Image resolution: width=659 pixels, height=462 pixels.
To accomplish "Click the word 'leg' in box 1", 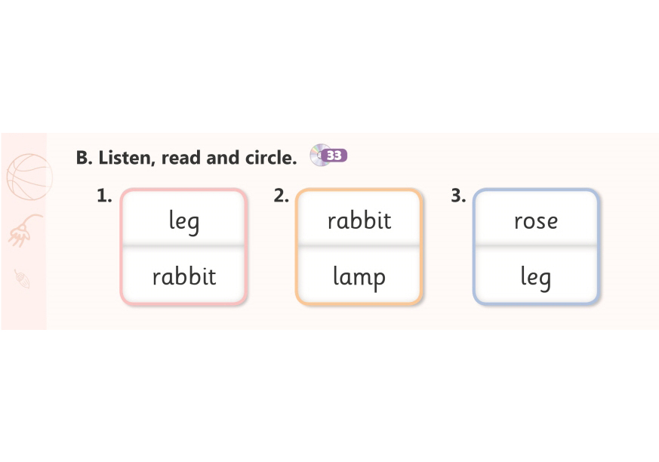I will coord(183,222).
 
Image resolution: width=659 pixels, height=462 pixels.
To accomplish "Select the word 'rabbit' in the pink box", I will coord(183,276).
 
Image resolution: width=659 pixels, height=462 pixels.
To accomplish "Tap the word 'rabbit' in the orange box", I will coord(359,220).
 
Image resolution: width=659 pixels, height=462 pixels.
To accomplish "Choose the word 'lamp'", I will coord(359,277).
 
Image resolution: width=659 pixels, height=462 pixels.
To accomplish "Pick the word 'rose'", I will coord(536,221).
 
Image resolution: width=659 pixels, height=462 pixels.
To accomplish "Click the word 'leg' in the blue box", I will coord(535,277).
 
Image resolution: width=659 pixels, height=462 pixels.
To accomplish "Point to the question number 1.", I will coord(104,196).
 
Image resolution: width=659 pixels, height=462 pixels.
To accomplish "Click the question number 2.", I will coord(281,196).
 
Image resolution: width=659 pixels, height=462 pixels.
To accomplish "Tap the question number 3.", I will coord(458,196).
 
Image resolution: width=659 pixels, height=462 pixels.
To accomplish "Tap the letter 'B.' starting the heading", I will coord(84,158).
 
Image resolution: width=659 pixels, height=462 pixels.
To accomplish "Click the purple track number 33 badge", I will coord(334,156).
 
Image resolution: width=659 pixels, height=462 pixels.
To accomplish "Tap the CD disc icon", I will coord(318,156).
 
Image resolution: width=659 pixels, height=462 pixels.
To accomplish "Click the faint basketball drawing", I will coord(29,177).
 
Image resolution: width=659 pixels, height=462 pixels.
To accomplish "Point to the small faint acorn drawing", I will coord(22,279).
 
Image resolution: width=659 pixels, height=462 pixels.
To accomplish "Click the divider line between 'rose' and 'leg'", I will coord(535,246).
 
